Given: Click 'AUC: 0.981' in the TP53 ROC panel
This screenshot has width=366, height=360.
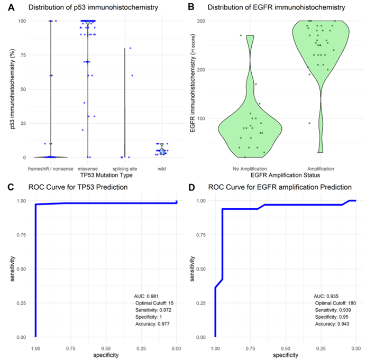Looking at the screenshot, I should [146, 296].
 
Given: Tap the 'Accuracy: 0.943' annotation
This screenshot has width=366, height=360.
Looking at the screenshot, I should [332, 323].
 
